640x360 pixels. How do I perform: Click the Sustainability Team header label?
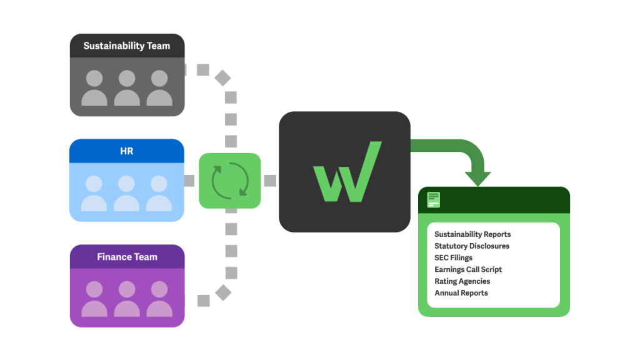click(x=127, y=46)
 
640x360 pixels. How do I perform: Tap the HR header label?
click(x=127, y=151)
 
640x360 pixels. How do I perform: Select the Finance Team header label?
click(x=127, y=257)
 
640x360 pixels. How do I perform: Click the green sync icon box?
click(x=230, y=181)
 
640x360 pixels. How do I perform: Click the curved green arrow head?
click(x=478, y=177)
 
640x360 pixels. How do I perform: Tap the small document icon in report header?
click(x=434, y=200)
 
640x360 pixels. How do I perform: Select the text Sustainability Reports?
click(x=472, y=234)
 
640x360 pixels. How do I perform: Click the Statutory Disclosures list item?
click(x=472, y=246)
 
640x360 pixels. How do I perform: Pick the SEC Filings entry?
click(x=453, y=257)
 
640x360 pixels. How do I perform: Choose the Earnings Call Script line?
click(x=468, y=269)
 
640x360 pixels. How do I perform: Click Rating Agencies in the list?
click(x=462, y=281)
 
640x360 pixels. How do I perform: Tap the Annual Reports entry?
click(x=461, y=293)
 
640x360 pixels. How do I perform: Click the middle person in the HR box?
click(x=127, y=193)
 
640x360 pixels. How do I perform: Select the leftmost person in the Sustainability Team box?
click(x=94, y=88)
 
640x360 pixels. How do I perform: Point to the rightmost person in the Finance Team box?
click(x=159, y=299)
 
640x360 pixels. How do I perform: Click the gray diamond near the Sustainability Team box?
click(x=222, y=78)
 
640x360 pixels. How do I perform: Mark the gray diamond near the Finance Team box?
click(x=222, y=292)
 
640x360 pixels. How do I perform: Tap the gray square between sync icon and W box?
click(x=270, y=181)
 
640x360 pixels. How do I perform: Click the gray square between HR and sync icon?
click(x=191, y=181)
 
